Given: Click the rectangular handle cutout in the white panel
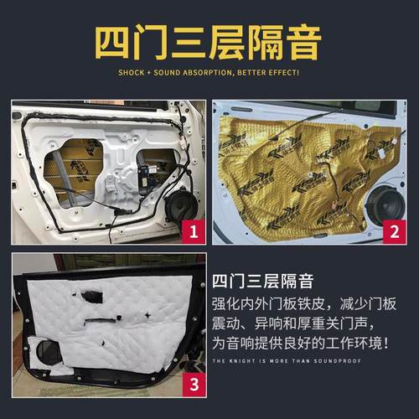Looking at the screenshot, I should (91, 297).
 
